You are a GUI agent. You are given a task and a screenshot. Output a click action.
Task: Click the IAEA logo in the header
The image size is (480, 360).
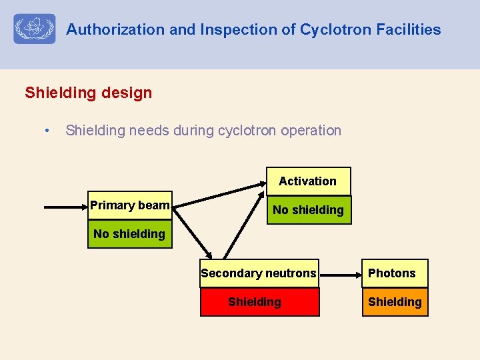35,29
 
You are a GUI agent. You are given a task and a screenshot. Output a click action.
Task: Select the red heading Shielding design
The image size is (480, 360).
88,93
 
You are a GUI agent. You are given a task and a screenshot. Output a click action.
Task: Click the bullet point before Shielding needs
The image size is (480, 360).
46,131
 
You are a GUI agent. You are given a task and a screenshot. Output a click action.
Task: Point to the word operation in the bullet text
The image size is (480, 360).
311,131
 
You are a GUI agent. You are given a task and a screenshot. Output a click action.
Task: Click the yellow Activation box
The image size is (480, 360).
307,181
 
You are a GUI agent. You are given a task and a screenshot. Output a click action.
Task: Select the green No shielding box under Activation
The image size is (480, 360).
308,210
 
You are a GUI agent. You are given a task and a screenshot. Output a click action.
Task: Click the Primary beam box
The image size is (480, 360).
129,205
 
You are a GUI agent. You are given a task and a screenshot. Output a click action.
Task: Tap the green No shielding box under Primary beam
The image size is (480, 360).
129,234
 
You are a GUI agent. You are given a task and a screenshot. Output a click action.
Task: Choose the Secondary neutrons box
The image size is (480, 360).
259,273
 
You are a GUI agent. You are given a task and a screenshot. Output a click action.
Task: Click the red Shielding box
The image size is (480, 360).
259,302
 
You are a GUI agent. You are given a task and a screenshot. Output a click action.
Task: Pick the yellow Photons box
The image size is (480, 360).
394,273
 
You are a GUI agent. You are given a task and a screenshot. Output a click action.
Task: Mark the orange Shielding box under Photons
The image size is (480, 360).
394,302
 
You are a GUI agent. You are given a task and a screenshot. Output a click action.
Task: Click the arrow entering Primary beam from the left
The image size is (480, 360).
65,207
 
